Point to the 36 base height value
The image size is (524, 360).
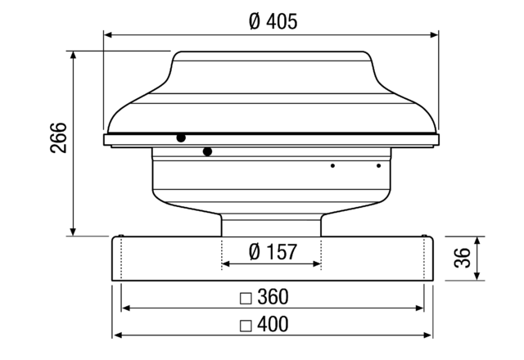point(463,259)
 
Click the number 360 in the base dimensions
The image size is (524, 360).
point(273,296)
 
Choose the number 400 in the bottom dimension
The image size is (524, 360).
point(273,324)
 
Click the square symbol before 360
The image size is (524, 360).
point(244,297)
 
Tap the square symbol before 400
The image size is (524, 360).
point(244,325)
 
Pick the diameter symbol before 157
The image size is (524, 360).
point(255,251)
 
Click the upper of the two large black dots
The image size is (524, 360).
point(180,138)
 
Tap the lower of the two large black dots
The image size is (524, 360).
point(207,151)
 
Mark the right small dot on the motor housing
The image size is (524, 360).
point(378,166)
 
